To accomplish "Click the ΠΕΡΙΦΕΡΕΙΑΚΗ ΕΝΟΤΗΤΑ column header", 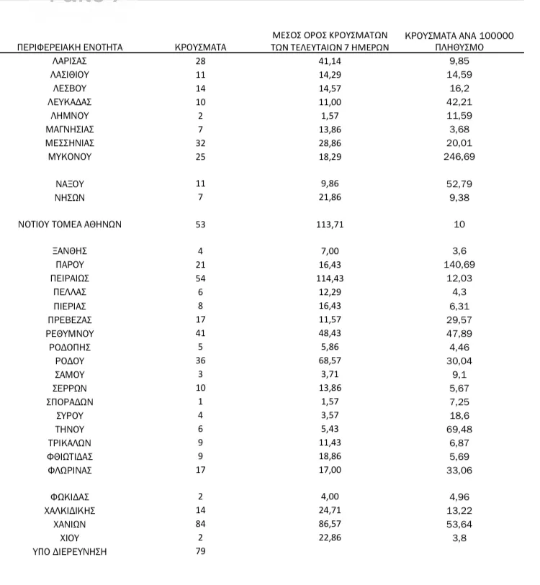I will (71, 47).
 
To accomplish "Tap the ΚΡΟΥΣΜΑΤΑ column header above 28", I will (201, 47).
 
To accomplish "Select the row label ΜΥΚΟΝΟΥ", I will (71, 156).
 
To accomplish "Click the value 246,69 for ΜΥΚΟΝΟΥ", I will (459, 156).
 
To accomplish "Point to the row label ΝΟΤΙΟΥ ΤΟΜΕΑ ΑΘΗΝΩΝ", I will (70, 224).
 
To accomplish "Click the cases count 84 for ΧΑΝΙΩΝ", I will (201, 525).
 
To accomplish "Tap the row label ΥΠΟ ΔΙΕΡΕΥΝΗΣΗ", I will (70, 552).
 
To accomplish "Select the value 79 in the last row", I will (201, 552).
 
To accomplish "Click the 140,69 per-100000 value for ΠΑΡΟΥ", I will (459, 265).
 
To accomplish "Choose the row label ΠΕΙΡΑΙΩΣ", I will (70, 278).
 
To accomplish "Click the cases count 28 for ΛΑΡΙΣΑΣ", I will (201, 61).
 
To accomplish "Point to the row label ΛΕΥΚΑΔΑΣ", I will (70, 101).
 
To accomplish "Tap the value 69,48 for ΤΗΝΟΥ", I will (459, 429).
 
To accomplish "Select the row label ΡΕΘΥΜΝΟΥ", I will (70, 333).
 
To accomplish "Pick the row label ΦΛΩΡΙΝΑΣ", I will (70, 470).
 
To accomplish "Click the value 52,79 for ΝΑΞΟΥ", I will (459, 183).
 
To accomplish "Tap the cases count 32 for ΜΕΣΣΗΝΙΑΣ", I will (201, 142).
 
